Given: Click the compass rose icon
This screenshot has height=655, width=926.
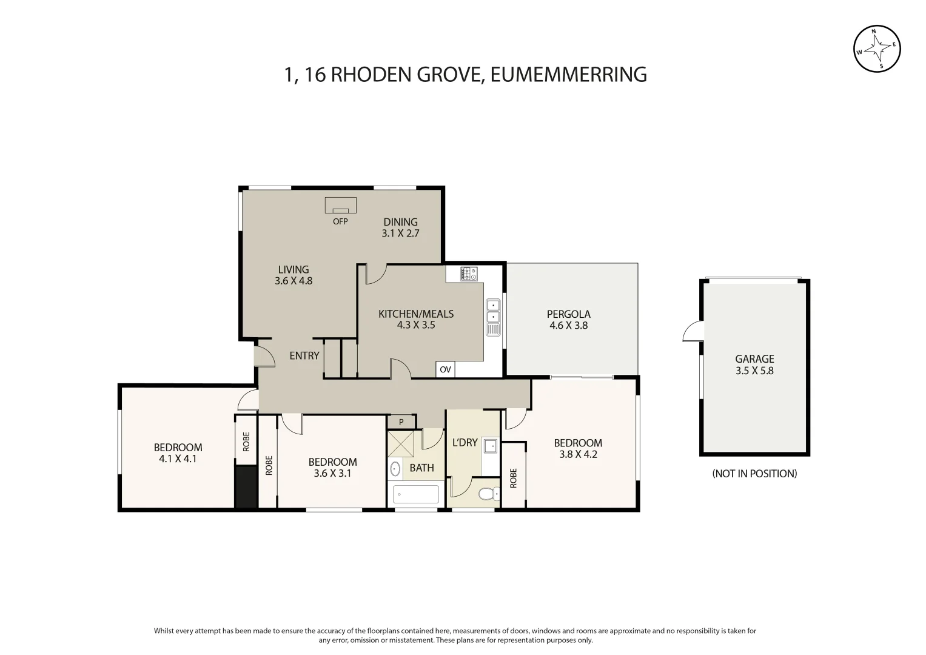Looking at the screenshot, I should click(x=877, y=49).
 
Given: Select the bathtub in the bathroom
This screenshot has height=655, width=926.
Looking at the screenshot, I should click(x=416, y=494).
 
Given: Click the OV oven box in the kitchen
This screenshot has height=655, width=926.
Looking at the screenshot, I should click(x=445, y=369).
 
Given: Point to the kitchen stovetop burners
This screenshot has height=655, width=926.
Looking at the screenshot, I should click(x=469, y=274).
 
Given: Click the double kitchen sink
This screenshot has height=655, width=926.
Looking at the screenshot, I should click(x=493, y=311).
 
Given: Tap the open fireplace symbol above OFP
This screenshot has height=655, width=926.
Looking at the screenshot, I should click(x=340, y=206).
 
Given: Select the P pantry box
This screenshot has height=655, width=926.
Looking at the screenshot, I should click(x=401, y=422).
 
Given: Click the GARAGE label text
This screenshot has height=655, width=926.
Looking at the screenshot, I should click(x=754, y=359).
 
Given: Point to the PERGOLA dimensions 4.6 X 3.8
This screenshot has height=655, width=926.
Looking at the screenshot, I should click(x=568, y=325).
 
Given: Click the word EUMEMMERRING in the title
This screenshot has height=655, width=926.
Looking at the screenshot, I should click(x=568, y=75).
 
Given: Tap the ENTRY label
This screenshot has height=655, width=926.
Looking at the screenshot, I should click(x=304, y=355).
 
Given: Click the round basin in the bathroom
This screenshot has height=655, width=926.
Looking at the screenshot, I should click(x=395, y=469).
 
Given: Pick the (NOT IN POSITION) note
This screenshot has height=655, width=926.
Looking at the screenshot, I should click(x=754, y=474).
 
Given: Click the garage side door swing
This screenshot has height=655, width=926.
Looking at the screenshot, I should click(x=693, y=332).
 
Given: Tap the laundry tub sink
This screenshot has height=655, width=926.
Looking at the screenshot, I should click(x=490, y=447).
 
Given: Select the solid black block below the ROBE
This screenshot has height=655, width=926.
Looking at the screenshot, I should click(x=246, y=486).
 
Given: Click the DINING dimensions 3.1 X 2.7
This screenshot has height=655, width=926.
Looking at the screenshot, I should click(x=400, y=233).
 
